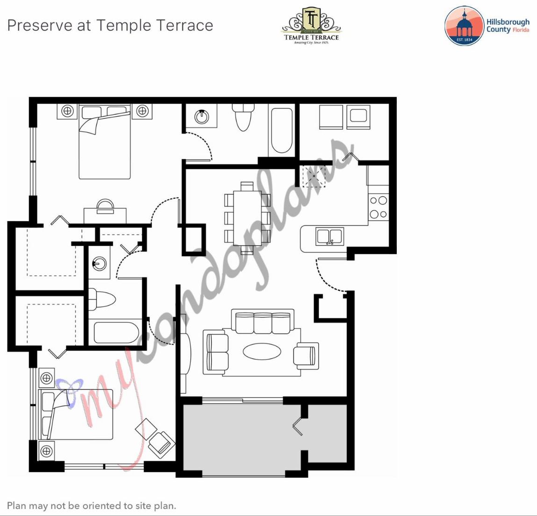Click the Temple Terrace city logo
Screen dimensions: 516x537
tap(311, 26)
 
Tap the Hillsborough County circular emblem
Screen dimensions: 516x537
tap(464, 26)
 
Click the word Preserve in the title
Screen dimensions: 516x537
tap(40, 25)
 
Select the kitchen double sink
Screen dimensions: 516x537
tap(330, 236)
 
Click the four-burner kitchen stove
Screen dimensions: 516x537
tap(378, 208)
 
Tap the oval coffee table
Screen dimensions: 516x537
tap(262, 351)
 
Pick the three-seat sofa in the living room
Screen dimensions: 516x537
tap(263, 322)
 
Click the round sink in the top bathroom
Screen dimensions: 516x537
tap(202, 116)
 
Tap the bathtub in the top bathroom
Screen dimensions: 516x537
tap(282, 131)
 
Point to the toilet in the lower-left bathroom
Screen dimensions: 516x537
tap(102, 299)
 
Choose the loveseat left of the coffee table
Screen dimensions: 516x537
tap(216, 351)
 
